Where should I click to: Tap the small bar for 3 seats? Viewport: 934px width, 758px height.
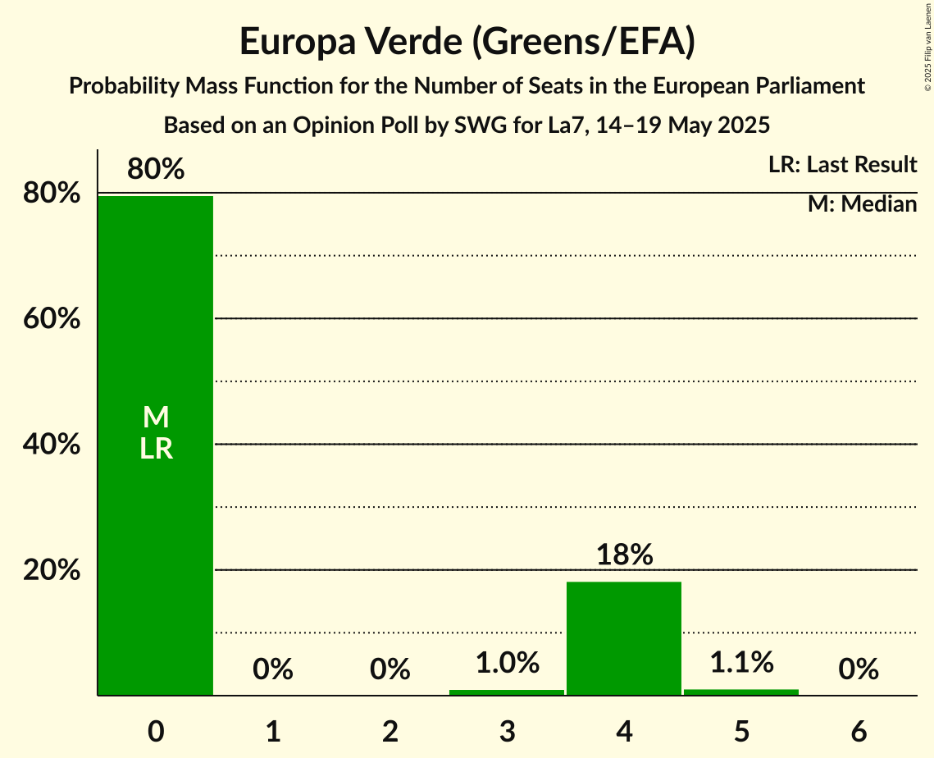click(x=507, y=692)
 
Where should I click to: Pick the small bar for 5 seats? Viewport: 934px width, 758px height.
click(x=741, y=692)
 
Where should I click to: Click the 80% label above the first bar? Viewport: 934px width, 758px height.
click(x=156, y=170)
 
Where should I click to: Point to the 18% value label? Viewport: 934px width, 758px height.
click(x=624, y=555)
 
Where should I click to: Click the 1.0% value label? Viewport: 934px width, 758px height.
click(x=507, y=663)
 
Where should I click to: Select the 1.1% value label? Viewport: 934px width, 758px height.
click(x=741, y=662)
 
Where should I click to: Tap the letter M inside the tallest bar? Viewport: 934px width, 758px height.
click(x=156, y=418)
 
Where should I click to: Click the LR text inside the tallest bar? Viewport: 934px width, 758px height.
click(x=156, y=449)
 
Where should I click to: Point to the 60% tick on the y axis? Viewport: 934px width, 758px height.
click(x=51, y=318)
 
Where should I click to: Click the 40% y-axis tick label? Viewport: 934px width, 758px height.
click(x=51, y=445)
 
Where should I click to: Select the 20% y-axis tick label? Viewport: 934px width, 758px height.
click(x=51, y=570)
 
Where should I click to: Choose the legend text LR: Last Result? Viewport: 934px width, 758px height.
click(x=842, y=165)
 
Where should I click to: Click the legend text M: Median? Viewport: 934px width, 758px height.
click(x=862, y=204)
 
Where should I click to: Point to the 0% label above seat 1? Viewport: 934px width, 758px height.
click(x=273, y=669)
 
